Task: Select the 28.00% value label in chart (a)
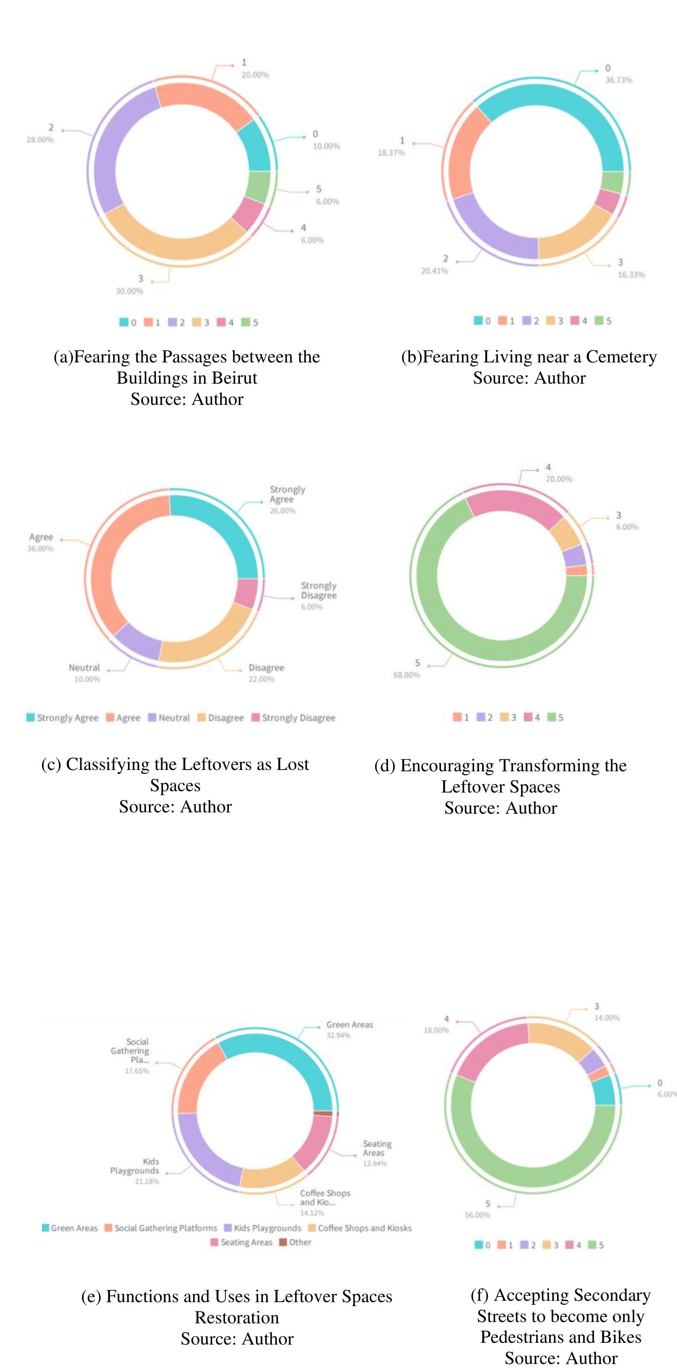point(40,140)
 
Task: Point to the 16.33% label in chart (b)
point(631,274)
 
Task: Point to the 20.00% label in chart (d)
point(559,479)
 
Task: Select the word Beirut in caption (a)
point(234,377)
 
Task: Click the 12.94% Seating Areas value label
point(375,1163)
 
